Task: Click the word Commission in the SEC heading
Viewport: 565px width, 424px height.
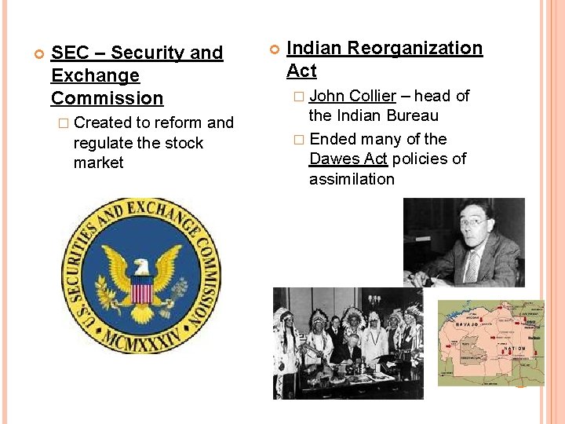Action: click(x=107, y=98)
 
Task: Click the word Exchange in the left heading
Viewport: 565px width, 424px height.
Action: click(x=95, y=75)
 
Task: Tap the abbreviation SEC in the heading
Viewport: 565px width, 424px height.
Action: click(x=68, y=53)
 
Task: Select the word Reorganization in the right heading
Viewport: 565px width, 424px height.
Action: click(x=415, y=48)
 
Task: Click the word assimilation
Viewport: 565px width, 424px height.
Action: click(x=352, y=179)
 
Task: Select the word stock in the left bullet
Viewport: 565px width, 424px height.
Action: click(x=182, y=143)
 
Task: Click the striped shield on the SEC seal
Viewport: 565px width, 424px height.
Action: click(x=141, y=293)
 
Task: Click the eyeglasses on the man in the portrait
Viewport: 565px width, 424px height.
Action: click(x=473, y=222)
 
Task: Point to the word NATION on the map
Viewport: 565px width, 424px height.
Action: click(x=515, y=348)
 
